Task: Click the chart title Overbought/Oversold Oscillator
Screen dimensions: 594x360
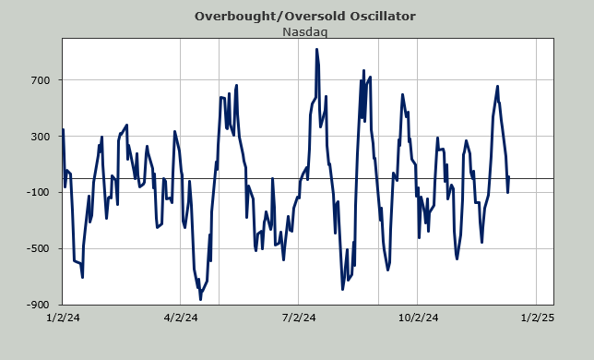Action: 305,17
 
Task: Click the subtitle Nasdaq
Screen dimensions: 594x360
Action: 305,31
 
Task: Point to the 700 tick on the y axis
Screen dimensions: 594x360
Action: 41,80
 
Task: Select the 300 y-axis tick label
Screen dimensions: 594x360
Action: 41,137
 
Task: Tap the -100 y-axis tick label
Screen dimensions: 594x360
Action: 38,193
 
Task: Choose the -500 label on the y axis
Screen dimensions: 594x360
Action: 38,248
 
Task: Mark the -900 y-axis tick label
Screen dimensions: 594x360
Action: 38,305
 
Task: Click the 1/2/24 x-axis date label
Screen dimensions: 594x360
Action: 63,318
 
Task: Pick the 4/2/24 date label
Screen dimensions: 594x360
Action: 181,318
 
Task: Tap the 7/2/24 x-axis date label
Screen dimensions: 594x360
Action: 299,318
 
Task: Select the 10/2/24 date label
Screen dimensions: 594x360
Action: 418,318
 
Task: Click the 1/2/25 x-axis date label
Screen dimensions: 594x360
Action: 537,318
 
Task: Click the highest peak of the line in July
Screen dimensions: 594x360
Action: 316,49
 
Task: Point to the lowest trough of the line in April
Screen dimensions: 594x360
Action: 200,299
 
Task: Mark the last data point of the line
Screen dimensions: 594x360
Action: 509,176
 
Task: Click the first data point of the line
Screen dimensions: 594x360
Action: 63,129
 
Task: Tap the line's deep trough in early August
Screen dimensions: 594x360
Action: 342,290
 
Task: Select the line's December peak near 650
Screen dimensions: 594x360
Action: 497,87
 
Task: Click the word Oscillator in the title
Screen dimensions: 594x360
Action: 382,17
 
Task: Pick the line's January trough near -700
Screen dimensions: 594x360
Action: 83,278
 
